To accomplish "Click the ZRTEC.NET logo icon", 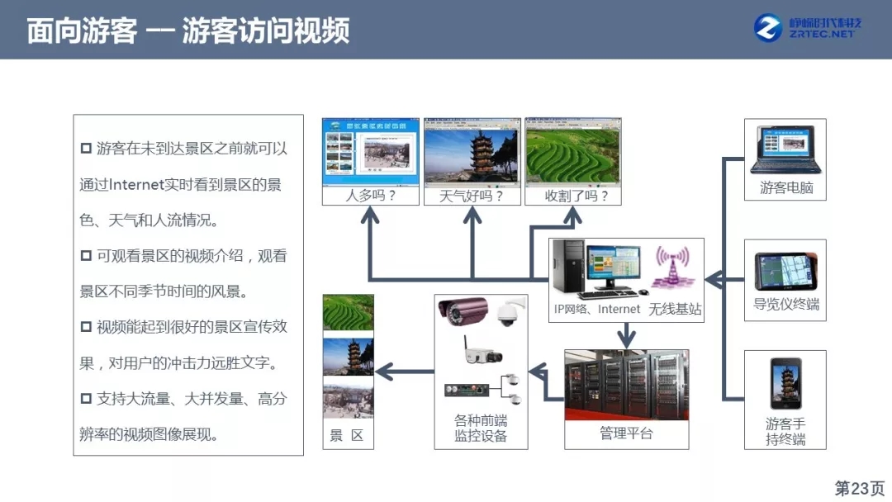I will (x=768, y=29).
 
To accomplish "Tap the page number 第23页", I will (x=859, y=488).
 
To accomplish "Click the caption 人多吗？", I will (x=370, y=196).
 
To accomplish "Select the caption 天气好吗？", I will (x=472, y=196).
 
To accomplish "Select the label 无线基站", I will (x=675, y=309).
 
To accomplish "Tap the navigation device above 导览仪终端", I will (x=785, y=272).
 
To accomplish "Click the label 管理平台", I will (x=626, y=433).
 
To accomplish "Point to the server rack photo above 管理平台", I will (x=626, y=385).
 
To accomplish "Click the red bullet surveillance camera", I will (x=463, y=311).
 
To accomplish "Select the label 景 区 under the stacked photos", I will (x=347, y=436).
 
